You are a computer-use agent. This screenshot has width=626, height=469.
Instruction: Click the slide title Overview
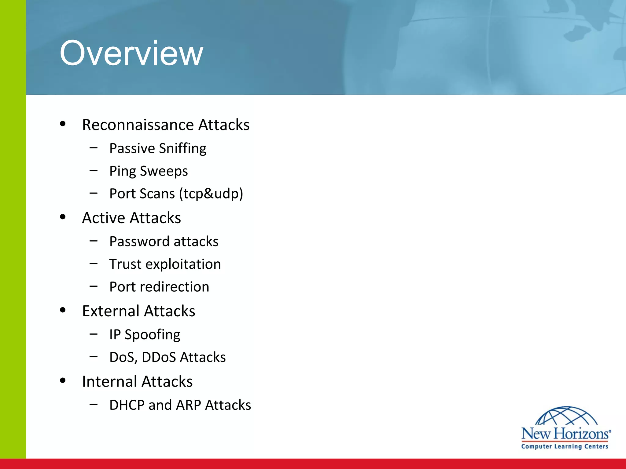tap(131, 53)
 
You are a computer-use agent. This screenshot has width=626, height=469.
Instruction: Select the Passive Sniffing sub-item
tap(158, 148)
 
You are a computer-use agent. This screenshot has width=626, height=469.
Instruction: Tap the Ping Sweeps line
tap(149, 171)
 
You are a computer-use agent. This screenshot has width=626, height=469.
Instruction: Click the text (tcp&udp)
tap(211, 194)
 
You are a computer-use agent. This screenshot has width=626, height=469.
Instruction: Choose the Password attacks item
tap(164, 242)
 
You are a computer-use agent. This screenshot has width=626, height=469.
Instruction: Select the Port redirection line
tap(159, 287)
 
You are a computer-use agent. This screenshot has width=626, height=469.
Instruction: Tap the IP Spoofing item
tap(145, 335)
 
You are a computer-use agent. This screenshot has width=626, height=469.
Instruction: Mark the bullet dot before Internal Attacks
tap(63, 380)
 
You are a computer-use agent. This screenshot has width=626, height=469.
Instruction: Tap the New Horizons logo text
tap(565, 434)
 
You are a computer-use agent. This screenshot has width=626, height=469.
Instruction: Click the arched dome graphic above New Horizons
tap(566, 416)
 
